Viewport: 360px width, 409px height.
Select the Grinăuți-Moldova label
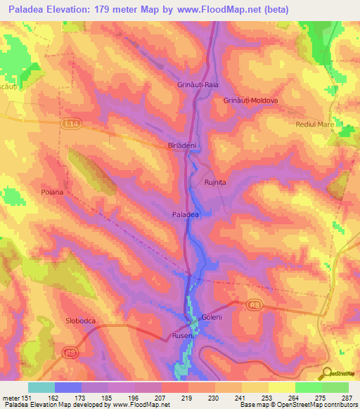251,100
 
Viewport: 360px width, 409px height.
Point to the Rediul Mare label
315,124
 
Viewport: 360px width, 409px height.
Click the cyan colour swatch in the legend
41,387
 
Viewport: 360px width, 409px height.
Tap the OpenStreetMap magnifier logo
326,374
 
